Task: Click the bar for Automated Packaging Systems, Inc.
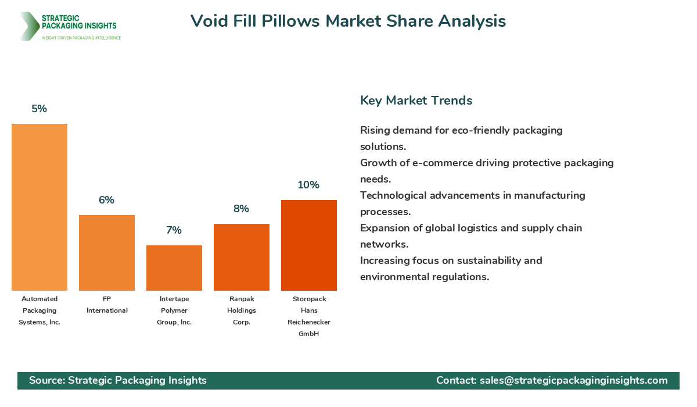[39, 207]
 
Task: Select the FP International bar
[107, 253]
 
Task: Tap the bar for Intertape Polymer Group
[174, 268]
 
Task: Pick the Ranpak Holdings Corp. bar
[242, 257]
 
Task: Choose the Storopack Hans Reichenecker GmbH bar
[309, 245]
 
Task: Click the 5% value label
[39, 109]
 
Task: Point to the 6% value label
[107, 200]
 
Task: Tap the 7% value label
[174, 230]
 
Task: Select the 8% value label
[242, 209]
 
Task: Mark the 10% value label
[309, 185]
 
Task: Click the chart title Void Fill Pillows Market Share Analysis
[348, 21]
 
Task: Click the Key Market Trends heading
[416, 101]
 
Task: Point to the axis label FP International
[107, 305]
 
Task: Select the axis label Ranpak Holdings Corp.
[242, 310]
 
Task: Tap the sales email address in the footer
[573, 380]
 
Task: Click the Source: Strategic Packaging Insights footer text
[118, 380]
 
